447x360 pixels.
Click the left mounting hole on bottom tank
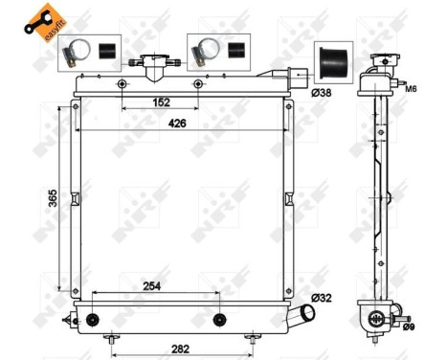tap(93, 318)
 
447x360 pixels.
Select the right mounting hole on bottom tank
tap(219, 318)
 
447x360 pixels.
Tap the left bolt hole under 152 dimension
tap(122, 84)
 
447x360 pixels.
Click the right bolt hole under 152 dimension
tap(198, 84)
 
